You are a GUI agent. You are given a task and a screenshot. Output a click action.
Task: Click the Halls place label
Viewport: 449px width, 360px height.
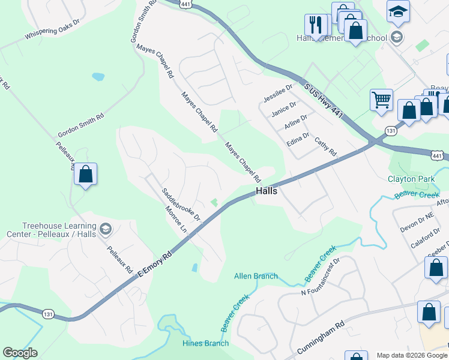click(267, 191)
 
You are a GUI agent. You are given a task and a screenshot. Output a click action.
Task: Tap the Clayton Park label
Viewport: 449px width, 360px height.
click(411, 179)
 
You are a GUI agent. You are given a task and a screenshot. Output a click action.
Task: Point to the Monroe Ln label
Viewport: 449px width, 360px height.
click(176, 220)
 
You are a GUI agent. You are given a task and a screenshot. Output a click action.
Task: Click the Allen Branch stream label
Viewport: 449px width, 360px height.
click(256, 276)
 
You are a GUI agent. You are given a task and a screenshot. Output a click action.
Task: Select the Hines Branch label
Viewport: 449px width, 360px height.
click(205, 343)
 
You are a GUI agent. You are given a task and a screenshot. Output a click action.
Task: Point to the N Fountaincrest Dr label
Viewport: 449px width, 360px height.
click(321, 277)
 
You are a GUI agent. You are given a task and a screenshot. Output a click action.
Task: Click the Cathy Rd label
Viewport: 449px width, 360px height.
click(325, 146)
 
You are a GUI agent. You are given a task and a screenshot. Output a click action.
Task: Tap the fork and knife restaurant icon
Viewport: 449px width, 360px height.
click(315, 25)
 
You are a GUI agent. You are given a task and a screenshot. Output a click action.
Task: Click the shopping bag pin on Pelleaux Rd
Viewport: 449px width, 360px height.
click(85, 175)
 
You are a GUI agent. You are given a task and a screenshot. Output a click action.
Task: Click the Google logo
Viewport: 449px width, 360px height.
click(20, 353)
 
